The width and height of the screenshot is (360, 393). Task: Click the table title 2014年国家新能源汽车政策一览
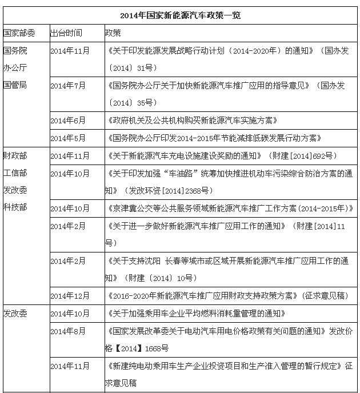180,15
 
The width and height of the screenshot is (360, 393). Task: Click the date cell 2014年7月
68,85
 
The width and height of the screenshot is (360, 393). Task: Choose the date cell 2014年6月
68,121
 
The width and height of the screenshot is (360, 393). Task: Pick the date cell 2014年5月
68,138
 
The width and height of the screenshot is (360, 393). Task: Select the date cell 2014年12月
70,295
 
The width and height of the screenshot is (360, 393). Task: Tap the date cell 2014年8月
68,331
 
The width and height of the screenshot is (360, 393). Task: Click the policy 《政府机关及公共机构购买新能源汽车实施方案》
192,121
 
